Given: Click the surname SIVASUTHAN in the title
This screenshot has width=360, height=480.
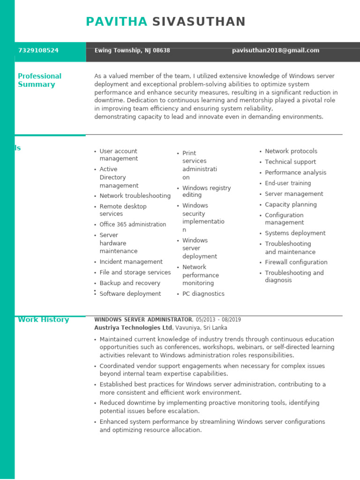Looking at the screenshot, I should click(x=199, y=22).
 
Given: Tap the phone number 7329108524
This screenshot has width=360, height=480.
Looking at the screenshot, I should click(x=38, y=51).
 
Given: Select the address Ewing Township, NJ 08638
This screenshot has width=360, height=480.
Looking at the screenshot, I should click(x=132, y=51).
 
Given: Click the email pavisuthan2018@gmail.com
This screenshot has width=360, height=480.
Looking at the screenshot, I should click(x=276, y=51).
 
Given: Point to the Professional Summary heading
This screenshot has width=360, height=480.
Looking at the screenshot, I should click(x=39, y=80).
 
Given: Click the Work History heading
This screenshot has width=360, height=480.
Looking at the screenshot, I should click(x=43, y=320).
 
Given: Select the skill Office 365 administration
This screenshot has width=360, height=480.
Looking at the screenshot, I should click(x=133, y=225).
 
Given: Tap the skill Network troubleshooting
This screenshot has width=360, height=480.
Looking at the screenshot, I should click(x=135, y=196).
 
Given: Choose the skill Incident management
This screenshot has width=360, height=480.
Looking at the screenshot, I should click(x=131, y=262).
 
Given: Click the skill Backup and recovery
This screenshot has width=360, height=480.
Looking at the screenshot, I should click(x=130, y=283).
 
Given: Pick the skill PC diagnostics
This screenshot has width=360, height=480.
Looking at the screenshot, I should click(x=203, y=294).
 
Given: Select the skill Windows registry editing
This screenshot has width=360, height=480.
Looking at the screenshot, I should click(x=206, y=191).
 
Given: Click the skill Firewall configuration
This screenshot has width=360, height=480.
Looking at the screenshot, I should click(x=296, y=262).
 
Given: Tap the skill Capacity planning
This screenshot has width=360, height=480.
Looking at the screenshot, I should click(x=291, y=205).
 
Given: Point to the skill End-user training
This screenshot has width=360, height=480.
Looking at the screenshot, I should click(x=288, y=183).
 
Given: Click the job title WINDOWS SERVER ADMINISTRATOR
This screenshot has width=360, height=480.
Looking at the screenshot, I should click(x=143, y=320).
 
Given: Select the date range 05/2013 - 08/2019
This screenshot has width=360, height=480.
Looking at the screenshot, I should click(x=218, y=320).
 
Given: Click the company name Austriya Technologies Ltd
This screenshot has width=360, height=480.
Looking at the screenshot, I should click(x=133, y=328).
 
